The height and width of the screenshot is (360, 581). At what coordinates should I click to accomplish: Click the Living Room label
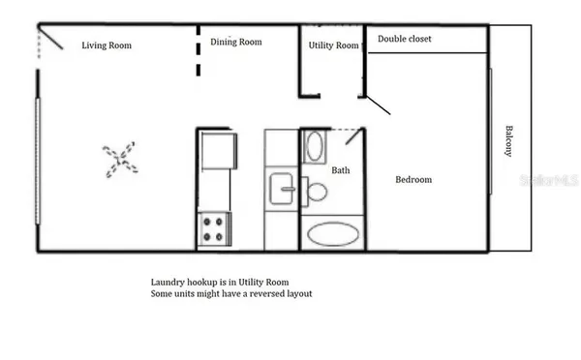pos(107,45)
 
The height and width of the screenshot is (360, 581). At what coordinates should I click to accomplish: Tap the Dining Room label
pos(236,42)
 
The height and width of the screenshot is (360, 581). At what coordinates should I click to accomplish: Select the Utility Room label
pos(333,45)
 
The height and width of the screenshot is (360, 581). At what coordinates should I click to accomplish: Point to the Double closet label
pos(405,39)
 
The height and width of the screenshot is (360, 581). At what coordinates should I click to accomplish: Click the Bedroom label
pos(413,180)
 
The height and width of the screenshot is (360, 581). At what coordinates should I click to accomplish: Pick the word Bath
pos(341,170)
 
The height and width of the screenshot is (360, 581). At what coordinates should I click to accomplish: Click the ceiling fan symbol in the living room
pos(120,159)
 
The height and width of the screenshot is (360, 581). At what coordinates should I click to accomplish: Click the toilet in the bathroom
pos(316,190)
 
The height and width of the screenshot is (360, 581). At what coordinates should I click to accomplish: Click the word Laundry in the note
pos(168,282)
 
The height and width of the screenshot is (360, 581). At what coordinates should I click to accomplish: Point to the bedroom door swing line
pos(378,105)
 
